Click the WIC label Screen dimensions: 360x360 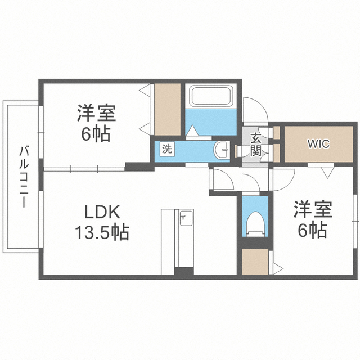[318, 144]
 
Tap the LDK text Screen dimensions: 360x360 [102, 211]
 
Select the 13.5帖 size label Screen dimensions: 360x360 [102, 232]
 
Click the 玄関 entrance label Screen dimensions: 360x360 [255, 144]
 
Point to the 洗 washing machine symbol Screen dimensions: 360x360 [167, 149]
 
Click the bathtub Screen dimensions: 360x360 [211, 96]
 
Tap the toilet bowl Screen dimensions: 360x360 [255, 224]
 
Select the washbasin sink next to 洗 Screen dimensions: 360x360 [222, 150]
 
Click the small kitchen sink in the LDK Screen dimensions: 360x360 [186, 218]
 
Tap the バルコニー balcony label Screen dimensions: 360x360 [24, 177]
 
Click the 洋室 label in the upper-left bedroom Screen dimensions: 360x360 [96, 113]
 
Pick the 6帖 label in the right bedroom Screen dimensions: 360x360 [313, 229]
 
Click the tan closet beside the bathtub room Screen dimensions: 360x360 [168, 110]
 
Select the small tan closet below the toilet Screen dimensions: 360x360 [255, 262]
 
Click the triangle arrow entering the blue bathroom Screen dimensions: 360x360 [192, 130]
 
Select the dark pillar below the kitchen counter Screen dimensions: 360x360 [184, 271]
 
